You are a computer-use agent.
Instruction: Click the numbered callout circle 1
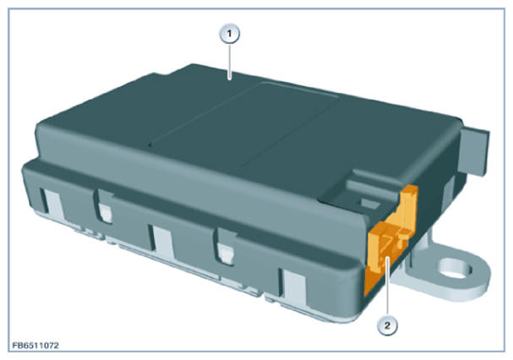click(x=229, y=34)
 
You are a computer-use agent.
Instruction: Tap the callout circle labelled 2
click(x=388, y=325)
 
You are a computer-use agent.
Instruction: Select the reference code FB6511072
click(x=35, y=346)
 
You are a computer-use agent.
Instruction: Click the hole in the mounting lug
click(x=455, y=270)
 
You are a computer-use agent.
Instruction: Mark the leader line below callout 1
click(x=230, y=62)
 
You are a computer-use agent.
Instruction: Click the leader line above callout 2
click(x=388, y=286)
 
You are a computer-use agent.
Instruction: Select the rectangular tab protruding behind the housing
click(x=473, y=151)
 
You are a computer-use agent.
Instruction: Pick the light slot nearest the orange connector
click(x=292, y=286)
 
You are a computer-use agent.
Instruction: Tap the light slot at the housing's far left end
click(x=52, y=202)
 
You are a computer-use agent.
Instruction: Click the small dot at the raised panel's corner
click(x=150, y=145)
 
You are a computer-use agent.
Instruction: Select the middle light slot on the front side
click(x=162, y=240)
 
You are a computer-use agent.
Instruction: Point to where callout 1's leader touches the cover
click(x=230, y=79)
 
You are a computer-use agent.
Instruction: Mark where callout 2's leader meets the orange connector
click(x=388, y=258)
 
